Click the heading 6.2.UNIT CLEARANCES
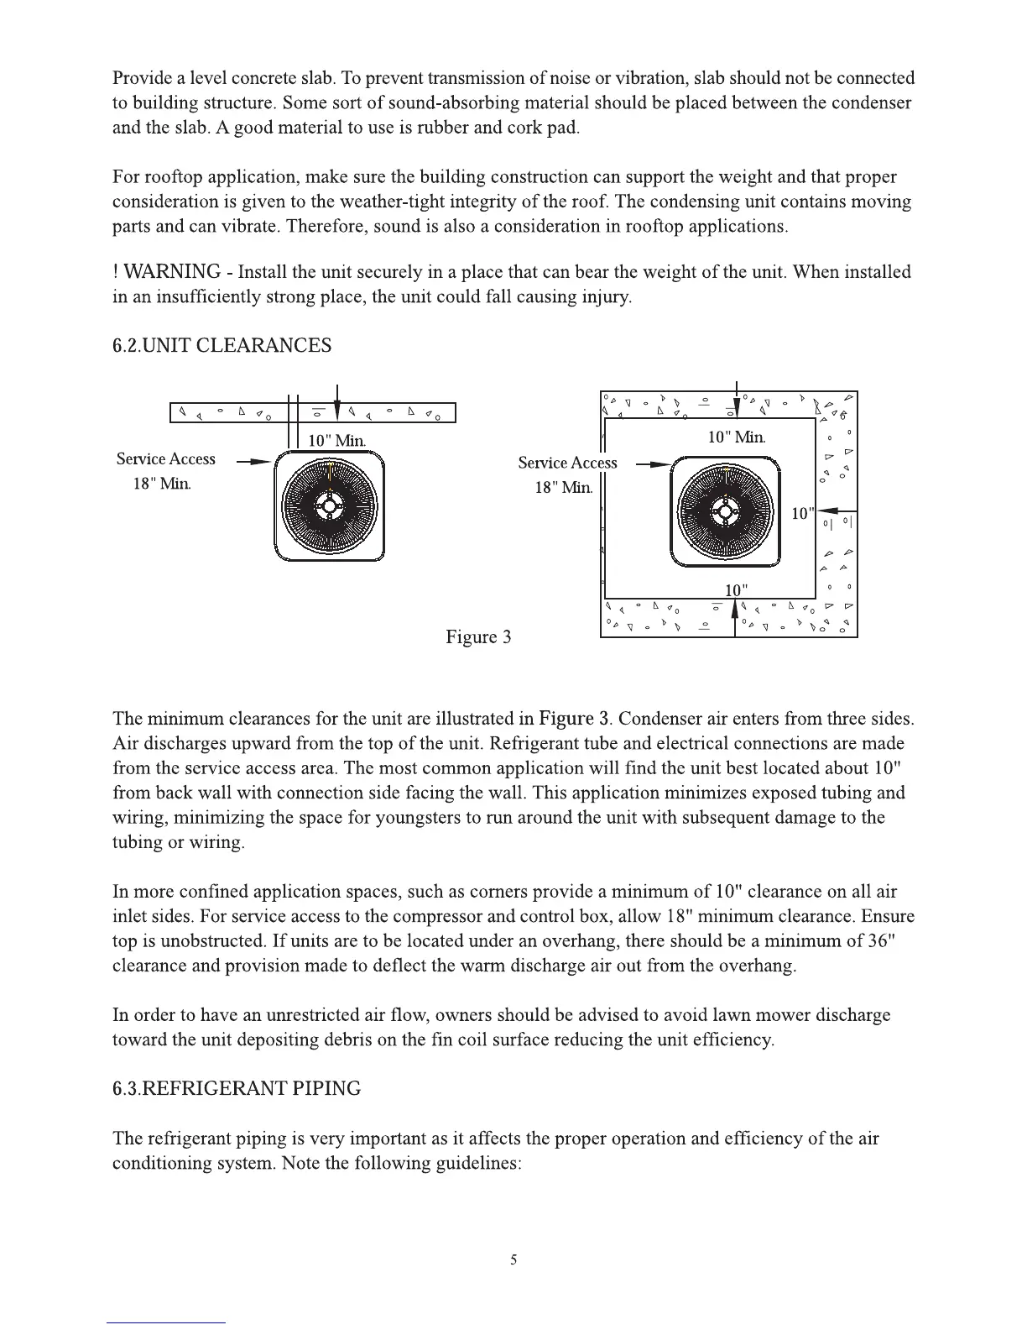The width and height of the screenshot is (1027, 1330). click(222, 346)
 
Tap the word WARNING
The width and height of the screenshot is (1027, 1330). click(172, 272)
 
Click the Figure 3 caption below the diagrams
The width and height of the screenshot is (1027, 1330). click(478, 636)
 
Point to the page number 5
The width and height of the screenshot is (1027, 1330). click(513, 1259)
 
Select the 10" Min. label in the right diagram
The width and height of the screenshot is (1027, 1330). click(736, 437)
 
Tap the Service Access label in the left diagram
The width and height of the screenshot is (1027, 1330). click(165, 459)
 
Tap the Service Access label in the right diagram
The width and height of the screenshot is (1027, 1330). click(567, 463)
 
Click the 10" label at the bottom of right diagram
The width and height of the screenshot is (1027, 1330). click(736, 590)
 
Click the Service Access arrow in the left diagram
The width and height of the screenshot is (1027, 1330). click(254, 462)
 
